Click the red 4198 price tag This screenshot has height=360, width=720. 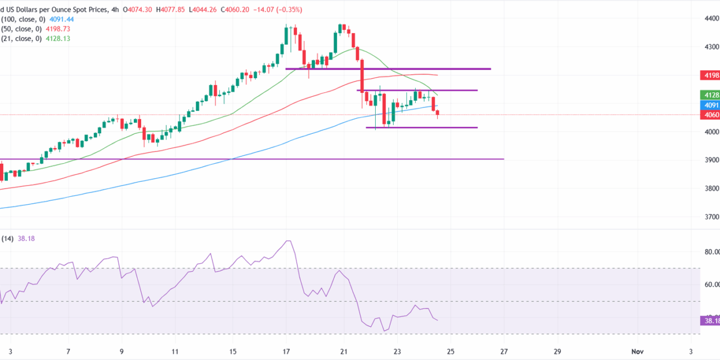[x=710, y=75]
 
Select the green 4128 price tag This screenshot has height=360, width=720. [x=710, y=94]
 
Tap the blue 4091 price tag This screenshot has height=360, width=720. [x=710, y=105]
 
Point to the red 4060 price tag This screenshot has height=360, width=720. [x=710, y=115]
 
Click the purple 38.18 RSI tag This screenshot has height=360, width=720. [x=710, y=321]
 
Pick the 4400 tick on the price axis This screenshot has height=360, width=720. [x=712, y=18]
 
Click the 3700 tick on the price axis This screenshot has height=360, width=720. [x=712, y=217]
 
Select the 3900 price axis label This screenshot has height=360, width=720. [x=712, y=160]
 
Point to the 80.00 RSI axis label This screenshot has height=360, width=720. [x=712, y=252]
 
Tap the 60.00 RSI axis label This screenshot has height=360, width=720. [x=712, y=285]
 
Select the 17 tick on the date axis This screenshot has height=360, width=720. [x=286, y=351]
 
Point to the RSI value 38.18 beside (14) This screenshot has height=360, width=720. [x=27, y=238]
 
